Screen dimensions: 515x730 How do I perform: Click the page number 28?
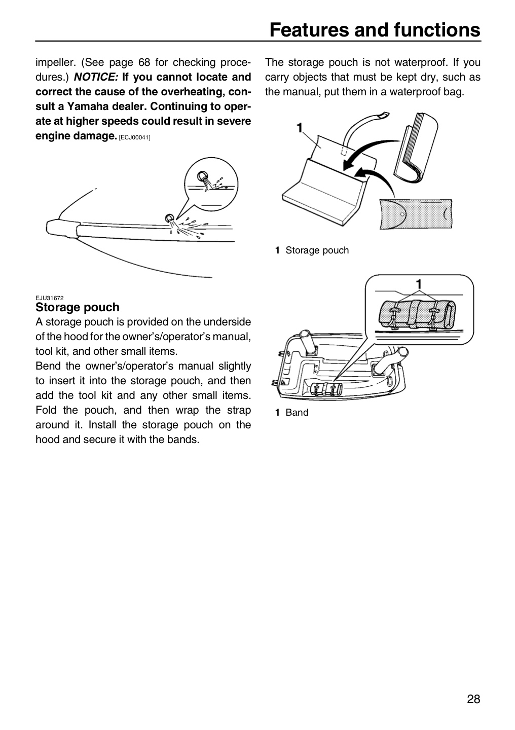click(x=473, y=699)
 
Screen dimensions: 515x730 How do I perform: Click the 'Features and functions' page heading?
click(x=375, y=30)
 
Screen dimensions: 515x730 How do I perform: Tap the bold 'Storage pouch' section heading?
click(x=78, y=307)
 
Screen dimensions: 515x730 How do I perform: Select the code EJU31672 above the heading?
click(x=50, y=298)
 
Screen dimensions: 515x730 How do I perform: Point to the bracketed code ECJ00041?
click(x=135, y=137)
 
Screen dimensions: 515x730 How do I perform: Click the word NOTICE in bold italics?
click(x=96, y=77)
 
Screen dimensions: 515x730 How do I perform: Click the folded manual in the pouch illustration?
click(x=416, y=148)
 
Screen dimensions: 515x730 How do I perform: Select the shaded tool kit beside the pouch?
click(x=416, y=214)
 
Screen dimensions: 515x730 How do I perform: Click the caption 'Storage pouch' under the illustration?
click(x=317, y=250)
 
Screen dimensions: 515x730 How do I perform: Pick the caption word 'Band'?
click(x=297, y=412)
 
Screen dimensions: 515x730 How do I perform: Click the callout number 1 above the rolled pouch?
click(x=419, y=284)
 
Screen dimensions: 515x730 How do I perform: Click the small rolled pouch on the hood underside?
click(x=326, y=388)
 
